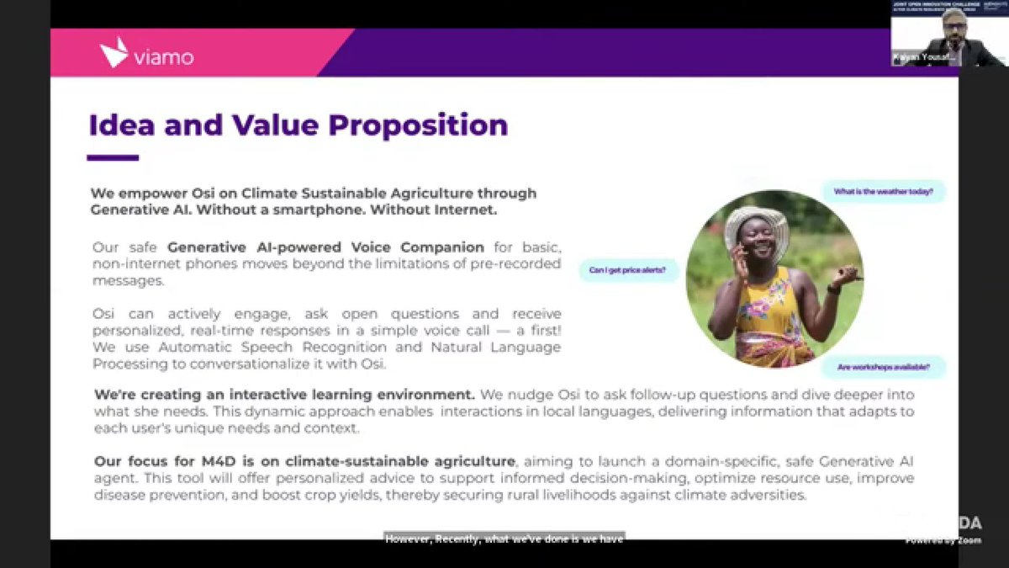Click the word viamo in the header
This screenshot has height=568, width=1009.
pyautogui.click(x=163, y=57)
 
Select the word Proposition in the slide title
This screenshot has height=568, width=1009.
pyautogui.click(x=418, y=125)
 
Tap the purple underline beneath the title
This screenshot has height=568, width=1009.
pyautogui.click(x=113, y=157)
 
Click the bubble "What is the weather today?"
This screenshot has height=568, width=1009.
pyautogui.click(x=884, y=192)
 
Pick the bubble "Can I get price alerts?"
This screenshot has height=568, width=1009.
pyautogui.click(x=628, y=270)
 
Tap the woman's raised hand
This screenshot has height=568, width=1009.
pyautogui.click(x=846, y=275)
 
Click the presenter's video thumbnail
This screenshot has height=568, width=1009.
pyautogui.click(x=948, y=34)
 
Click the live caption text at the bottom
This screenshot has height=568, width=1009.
pyautogui.click(x=504, y=539)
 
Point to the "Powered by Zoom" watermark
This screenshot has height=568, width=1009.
pyautogui.click(x=943, y=540)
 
